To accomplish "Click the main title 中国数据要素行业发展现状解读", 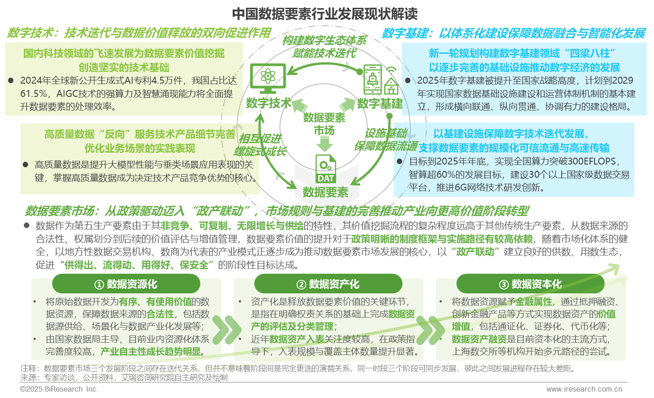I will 325,14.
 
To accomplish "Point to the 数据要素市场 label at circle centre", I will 324,124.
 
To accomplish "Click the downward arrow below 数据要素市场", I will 325,145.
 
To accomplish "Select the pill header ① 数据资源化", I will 126,284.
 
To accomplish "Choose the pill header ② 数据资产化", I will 328,284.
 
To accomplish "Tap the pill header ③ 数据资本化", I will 531,284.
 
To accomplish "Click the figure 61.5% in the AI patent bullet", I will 33,94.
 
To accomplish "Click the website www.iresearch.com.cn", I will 584,389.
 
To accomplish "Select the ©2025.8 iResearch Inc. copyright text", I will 59,389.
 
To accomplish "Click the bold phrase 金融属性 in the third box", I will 533,302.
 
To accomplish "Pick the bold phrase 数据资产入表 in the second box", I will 296,339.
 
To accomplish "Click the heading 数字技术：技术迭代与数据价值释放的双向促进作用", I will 139,33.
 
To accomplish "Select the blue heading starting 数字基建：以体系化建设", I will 513,33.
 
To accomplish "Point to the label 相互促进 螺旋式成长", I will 259,145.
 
